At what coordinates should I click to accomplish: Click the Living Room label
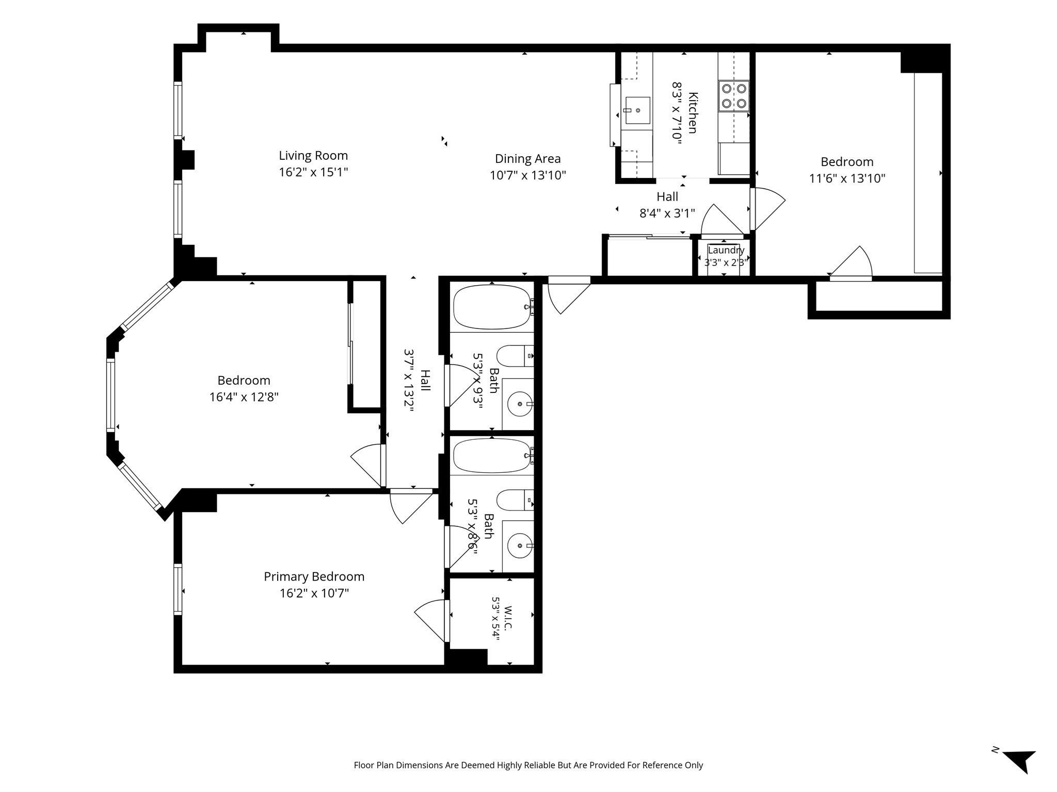313,155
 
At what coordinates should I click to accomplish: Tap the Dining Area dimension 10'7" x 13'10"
527,175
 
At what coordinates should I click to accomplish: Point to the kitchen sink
637,110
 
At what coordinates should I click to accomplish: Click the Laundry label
726,250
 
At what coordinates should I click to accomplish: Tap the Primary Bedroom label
314,576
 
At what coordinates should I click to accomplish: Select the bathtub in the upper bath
492,307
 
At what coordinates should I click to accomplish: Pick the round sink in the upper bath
520,403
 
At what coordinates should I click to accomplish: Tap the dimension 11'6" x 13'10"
847,178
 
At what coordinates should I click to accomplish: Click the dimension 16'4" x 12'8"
244,397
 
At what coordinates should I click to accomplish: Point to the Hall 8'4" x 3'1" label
667,205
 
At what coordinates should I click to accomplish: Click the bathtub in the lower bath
492,456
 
